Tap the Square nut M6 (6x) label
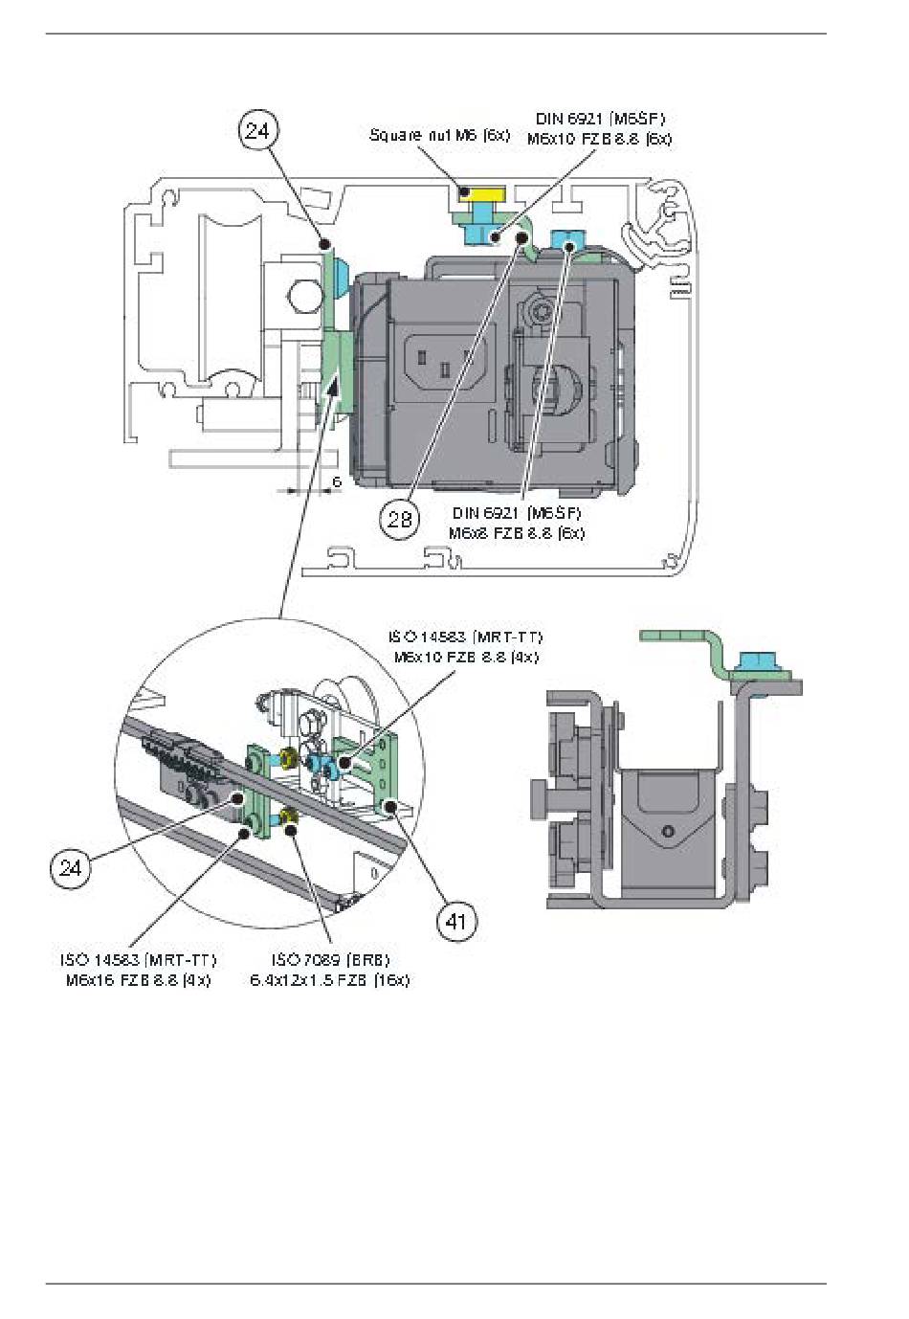click(439, 136)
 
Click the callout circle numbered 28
click(399, 518)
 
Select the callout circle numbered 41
click(456, 921)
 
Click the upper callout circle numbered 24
click(257, 130)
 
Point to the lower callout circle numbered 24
click(70, 867)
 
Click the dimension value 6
click(337, 481)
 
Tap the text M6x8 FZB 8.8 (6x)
click(516, 533)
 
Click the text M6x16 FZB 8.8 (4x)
click(138, 980)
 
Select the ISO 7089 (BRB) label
click(330, 959)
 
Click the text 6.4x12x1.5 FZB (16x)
click(329, 980)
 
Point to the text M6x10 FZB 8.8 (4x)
click(466, 658)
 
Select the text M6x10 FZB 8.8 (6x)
click(599, 139)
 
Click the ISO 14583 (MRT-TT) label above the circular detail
click(465, 637)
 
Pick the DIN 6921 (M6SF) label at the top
click(600, 119)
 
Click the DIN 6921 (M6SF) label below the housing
click(517, 513)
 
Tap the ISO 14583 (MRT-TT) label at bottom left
click(138, 959)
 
